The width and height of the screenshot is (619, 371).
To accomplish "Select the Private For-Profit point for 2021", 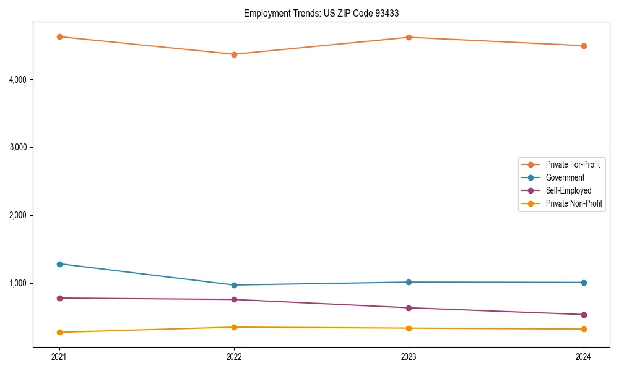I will pyautogui.click(x=59, y=36).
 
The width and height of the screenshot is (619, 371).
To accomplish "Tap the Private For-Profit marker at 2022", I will pyautogui.click(x=234, y=54).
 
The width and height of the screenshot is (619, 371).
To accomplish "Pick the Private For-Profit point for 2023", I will pyautogui.click(x=409, y=37).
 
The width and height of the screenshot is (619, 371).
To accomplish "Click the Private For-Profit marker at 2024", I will pyautogui.click(x=584, y=46).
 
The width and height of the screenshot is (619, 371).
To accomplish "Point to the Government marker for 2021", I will pyautogui.click(x=59, y=264).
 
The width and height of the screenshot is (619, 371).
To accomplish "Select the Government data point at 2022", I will pyautogui.click(x=234, y=285).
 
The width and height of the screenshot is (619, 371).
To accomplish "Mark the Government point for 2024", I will pyautogui.click(x=584, y=283).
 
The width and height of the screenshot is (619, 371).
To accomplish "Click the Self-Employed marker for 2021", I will pyautogui.click(x=59, y=298).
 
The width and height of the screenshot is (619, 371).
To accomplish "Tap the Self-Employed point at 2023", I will pyautogui.click(x=409, y=308).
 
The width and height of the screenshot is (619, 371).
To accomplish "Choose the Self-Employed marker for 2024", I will pyautogui.click(x=584, y=315).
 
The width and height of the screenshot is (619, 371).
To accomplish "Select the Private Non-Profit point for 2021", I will pyautogui.click(x=59, y=333).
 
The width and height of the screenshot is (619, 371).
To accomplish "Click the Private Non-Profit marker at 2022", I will pyautogui.click(x=234, y=327).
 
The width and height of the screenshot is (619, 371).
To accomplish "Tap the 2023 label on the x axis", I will pyautogui.click(x=409, y=357).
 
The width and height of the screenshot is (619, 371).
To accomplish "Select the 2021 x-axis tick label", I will pyautogui.click(x=59, y=357).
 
